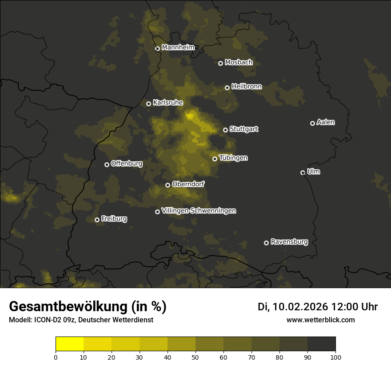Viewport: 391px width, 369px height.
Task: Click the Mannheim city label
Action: click(x=178, y=48)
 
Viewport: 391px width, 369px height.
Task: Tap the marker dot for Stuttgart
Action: click(x=225, y=130)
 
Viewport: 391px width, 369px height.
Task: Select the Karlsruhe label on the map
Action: click(x=168, y=103)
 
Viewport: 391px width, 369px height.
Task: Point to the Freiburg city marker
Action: click(x=97, y=220)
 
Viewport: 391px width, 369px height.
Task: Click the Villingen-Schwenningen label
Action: click(x=199, y=211)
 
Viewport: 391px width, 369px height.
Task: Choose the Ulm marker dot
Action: click(x=303, y=172)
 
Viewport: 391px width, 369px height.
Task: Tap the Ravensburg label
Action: click(x=289, y=242)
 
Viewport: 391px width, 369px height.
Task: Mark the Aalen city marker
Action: click(x=312, y=123)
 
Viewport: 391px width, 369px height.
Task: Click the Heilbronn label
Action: click(x=247, y=87)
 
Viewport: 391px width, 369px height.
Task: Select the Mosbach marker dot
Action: click(x=220, y=63)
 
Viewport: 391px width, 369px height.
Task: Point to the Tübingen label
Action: click(x=233, y=158)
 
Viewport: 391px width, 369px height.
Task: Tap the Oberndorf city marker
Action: click(x=168, y=185)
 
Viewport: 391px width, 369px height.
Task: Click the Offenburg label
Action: click(x=127, y=164)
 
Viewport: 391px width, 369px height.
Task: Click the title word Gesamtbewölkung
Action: click(x=67, y=306)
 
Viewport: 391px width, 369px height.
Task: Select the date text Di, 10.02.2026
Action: click(x=292, y=307)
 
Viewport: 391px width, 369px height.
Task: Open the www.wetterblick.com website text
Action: click(x=320, y=320)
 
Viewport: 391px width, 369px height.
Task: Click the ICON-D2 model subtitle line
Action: click(x=81, y=320)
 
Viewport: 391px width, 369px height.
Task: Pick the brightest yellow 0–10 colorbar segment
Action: click(x=69, y=344)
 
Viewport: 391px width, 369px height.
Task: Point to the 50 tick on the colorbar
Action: click(x=195, y=357)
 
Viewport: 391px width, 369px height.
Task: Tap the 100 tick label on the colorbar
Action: click(x=335, y=357)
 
